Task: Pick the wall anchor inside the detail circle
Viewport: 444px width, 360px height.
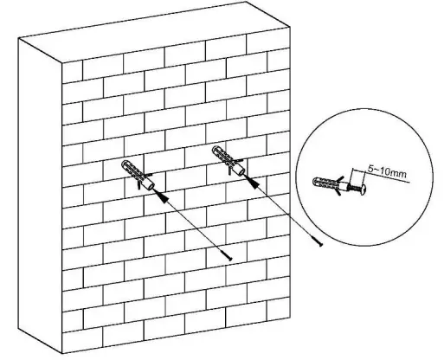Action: (x=330, y=185)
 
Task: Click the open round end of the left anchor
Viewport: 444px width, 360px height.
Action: (x=151, y=183)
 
